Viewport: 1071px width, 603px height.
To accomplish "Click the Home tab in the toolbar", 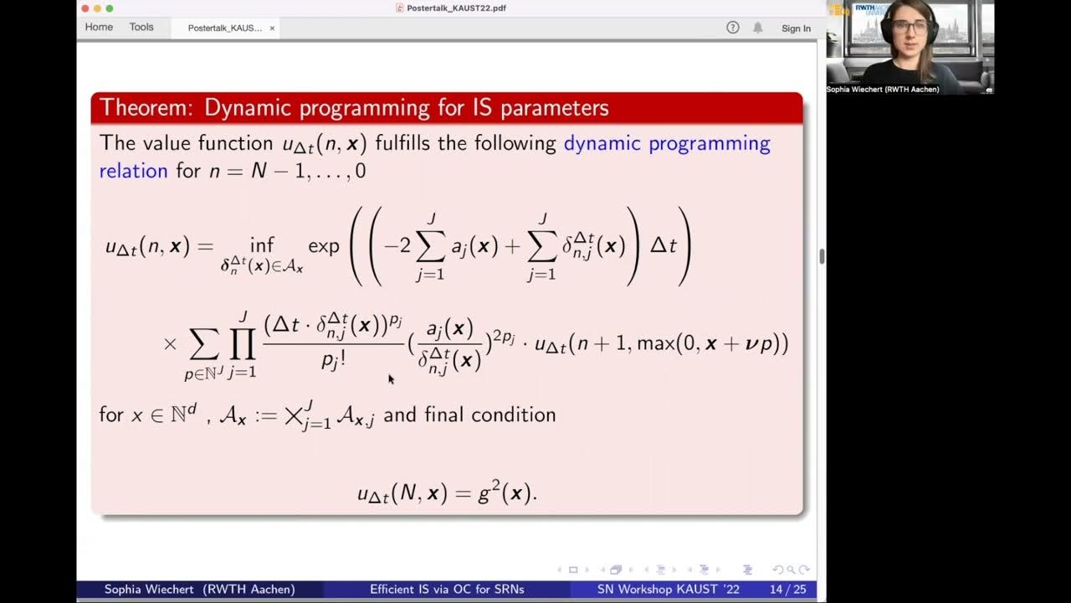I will tap(99, 28).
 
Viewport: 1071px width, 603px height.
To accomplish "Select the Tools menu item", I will tap(141, 28).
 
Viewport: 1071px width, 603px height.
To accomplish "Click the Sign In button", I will tap(796, 28).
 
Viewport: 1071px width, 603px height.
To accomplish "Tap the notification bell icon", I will tap(758, 28).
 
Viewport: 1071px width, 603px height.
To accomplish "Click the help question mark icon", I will tap(733, 28).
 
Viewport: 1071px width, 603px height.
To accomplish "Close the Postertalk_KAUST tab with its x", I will tap(272, 28).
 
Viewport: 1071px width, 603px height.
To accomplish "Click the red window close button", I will tap(85, 8).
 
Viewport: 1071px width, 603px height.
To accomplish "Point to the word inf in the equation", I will tap(262, 245).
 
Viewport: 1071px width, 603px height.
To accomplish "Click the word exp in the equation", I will tap(324, 245).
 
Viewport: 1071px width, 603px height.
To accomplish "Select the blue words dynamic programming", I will tap(666, 143).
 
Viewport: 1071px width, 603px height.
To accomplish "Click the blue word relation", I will tap(134, 171).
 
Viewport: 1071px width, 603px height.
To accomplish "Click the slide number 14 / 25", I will tap(787, 590).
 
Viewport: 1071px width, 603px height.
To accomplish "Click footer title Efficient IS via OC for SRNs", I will tap(447, 590).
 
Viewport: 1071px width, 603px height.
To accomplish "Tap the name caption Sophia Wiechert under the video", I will tap(883, 90).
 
